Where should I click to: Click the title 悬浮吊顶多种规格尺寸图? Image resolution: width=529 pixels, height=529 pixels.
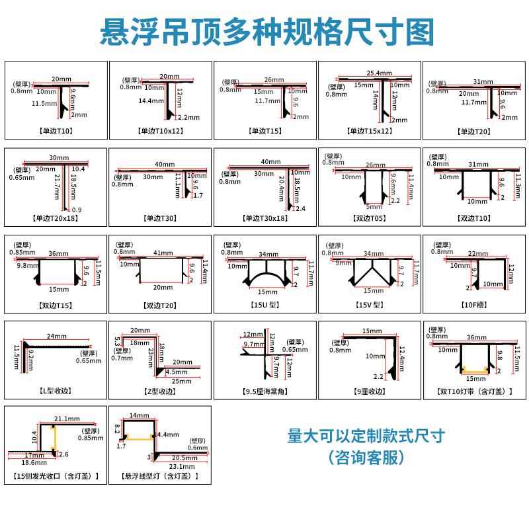(x=264, y=31)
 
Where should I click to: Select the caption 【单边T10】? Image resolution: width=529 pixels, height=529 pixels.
(x=57, y=130)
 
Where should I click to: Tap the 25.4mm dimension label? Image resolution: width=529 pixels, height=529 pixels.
(x=378, y=73)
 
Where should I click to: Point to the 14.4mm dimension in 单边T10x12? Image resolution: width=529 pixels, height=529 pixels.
(x=150, y=101)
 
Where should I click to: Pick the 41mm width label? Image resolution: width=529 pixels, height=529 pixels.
(x=163, y=253)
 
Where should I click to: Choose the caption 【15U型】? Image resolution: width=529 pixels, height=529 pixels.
(x=266, y=305)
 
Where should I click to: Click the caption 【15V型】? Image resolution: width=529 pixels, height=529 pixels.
(x=369, y=305)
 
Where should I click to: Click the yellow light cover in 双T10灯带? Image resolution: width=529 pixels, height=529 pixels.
(x=474, y=369)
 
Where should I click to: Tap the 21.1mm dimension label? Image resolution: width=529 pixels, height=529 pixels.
(x=67, y=419)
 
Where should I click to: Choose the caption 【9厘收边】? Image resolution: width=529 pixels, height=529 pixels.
(x=370, y=391)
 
